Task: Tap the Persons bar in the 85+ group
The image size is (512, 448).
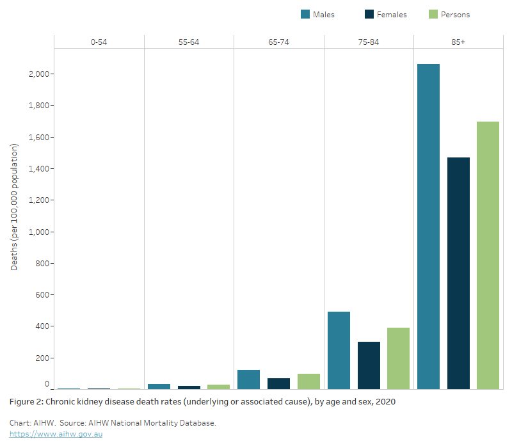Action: click(x=488, y=255)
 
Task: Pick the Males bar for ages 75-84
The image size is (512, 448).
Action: click(x=339, y=350)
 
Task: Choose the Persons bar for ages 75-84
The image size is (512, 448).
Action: click(x=398, y=358)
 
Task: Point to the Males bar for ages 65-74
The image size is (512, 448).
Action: click(x=248, y=380)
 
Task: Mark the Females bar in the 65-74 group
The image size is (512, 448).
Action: click(x=278, y=383)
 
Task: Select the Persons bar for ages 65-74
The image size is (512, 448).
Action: click(x=308, y=381)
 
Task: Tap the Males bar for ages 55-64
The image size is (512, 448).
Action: click(x=159, y=386)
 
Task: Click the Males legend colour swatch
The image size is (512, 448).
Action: click(x=305, y=14)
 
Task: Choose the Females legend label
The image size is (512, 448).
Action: click(x=392, y=14)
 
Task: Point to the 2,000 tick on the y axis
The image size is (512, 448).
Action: click(x=39, y=74)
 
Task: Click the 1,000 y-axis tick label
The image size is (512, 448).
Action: click(x=39, y=232)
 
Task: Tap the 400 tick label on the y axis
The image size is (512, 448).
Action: click(x=42, y=326)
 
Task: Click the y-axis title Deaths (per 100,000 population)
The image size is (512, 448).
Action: click(x=14, y=207)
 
